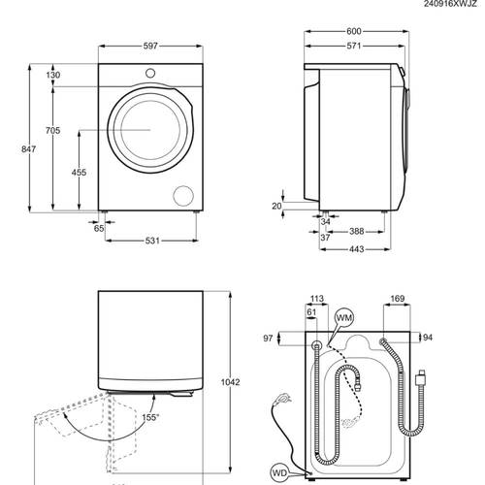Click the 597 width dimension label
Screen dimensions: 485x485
(150, 46)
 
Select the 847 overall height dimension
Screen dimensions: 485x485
(28, 149)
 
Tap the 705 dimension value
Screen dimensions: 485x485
(52, 131)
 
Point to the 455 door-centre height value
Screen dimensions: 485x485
(79, 173)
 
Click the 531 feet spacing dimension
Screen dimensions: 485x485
(152, 241)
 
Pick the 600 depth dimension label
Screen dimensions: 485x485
(354, 31)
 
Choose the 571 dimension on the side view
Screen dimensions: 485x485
(354, 46)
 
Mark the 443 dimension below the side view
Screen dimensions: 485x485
(356, 249)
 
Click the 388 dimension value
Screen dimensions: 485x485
(356, 232)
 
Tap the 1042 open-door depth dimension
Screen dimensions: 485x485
(230, 382)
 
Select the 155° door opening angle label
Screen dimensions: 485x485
(150, 417)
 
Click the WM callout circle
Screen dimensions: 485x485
(344, 318)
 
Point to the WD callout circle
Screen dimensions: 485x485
(279, 473)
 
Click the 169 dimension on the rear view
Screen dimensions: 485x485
(397, 299)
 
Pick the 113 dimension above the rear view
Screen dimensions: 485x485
(316, 299)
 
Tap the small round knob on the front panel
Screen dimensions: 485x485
(150, 74)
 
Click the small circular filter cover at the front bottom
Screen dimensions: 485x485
(183, 196)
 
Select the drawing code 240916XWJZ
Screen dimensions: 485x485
(450, 4)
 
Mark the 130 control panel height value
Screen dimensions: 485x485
(52, 75)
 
